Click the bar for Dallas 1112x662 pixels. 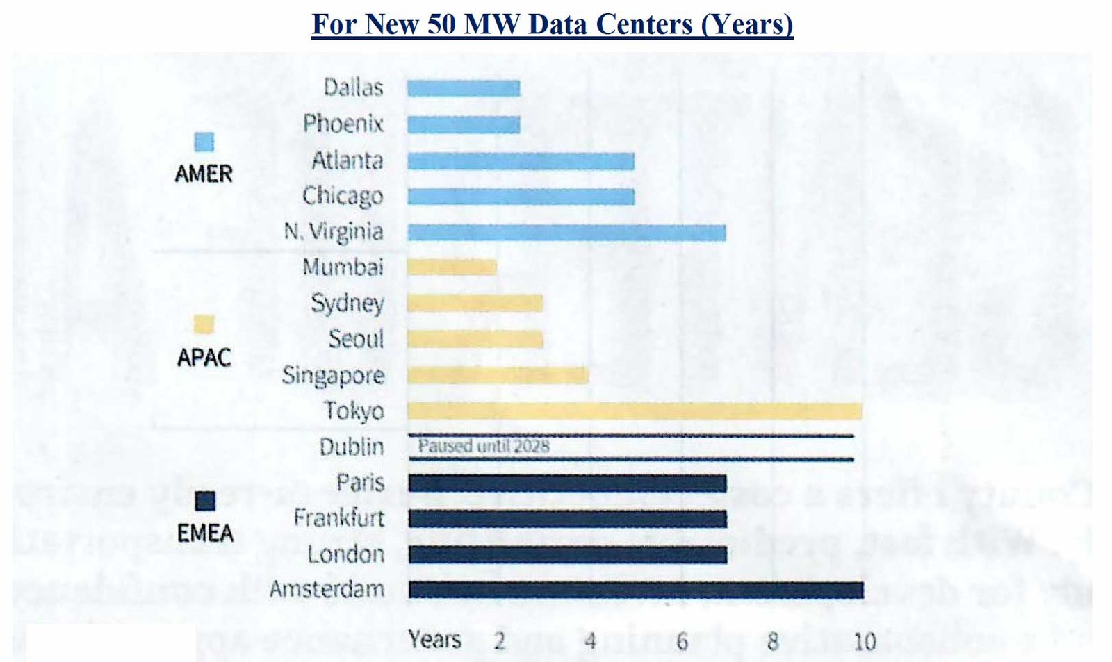pyautogui.click(x=464, y=88)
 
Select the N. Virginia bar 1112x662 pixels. pyautogui.click(x=566, y=232)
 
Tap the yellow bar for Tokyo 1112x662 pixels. pyautogui.click(x=635, y=411)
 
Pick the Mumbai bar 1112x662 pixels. pyautogui.click(x=452, y=267)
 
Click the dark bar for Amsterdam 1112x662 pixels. pyautogui.click(x=636, y=590)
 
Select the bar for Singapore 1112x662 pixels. pyautogui.click(x=498, y=375)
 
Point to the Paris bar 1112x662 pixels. pyautogui.click(x=568, y=483)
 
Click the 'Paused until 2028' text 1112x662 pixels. pyautogui.click(x=484, y=446)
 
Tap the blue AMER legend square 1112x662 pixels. pyautogui.click(x=204, y=142)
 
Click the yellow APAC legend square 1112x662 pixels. pyautogui.click(x=204, y=324)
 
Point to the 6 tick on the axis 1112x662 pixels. pyautogui.click(x=682, y=641)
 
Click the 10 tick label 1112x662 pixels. pyautogui.click(x=864, y=641)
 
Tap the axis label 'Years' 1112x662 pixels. pyautogui.click(x=434, y=640)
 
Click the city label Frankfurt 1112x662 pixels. pyautogui.click(x=338, y=518)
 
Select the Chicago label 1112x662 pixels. pyautogui.click(x=343, y=197)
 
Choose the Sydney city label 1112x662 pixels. pyautogui.click(x=347, y=304)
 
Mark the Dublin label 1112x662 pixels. pyautogui.click(x=351, y=447)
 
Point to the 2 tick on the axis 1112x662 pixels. pyautogui.click(x=499, y=641)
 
